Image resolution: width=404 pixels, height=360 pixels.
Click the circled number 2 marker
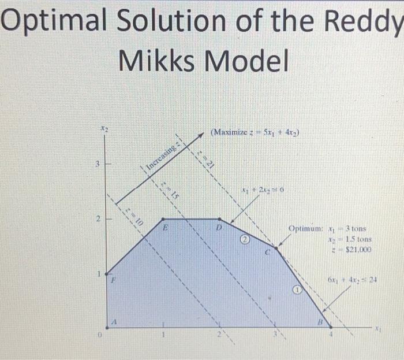(x=244, y=239)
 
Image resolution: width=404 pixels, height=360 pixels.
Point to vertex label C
(x=268, y=253)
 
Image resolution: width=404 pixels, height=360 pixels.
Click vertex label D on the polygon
(x=219, y=229)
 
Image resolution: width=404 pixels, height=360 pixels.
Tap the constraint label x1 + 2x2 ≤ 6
(x=262, y=190)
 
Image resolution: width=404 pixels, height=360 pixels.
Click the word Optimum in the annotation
(x=306, y=229)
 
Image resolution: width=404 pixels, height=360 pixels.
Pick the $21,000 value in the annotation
(x=358, y=250)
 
